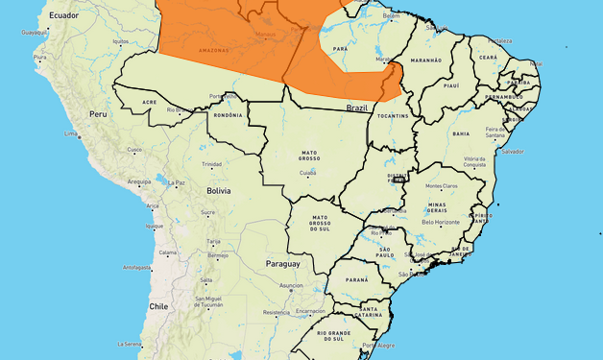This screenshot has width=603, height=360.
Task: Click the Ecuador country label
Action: tap(63, 16)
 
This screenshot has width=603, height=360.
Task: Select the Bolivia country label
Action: tap(218, 191)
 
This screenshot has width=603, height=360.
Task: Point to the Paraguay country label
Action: tap(283, 263)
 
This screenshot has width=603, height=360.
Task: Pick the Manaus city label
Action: tap(265, 37)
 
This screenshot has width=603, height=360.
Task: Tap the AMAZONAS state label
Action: tap(214, 47)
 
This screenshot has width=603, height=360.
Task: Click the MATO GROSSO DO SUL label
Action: tap(320, 224)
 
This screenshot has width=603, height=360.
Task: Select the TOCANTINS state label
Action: tap(394, 116)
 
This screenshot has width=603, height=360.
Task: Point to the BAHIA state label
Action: tap(461, 133)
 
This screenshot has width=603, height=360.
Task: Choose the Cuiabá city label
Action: tap(308, 173)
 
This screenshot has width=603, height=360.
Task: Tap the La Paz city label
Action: tap(177, 182)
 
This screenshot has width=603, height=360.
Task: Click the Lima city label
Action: tap(70, 133)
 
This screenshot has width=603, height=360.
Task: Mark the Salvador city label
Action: tap(512, 151)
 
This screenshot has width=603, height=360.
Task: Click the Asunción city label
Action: tap(291, 285)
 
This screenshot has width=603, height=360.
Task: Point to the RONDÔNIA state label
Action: tap(228, 115)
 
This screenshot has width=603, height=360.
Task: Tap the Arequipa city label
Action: tap(139, 181)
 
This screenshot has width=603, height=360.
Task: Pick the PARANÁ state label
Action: tap(356, 279)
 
